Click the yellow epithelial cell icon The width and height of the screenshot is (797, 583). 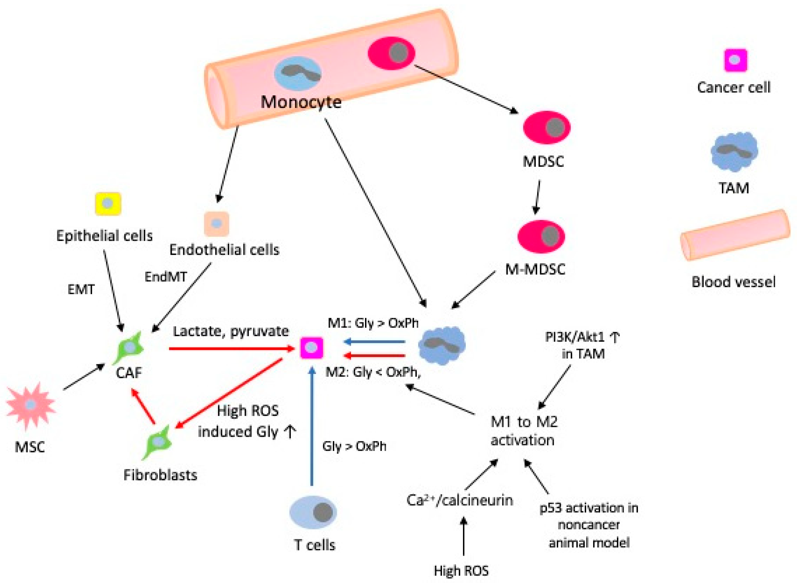(x=108, y=204)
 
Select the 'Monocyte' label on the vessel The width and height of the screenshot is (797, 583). (x=301, y=102)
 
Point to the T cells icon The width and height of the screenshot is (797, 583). (x=313, y=512)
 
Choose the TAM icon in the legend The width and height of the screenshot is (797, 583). (x=734, y=152)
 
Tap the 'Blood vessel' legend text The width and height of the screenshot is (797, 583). (x=734, y=282)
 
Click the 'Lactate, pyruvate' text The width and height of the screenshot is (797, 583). (x=231, y=331)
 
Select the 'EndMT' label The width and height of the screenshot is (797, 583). (x=165, y=277)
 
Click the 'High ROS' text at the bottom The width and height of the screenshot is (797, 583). (x=461, y=570)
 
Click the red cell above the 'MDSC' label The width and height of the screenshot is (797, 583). (x=546, y=127)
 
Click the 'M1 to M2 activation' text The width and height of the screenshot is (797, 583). (x=524, y=431)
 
